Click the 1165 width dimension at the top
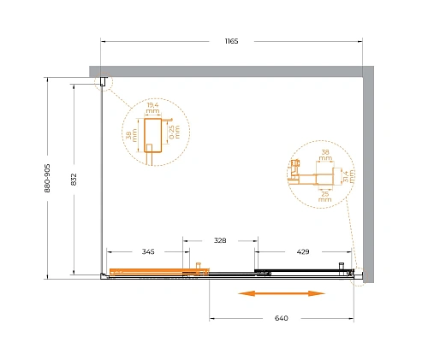pyautogui.click(x=231, y=41)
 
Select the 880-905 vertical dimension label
pyautogui.click(x=47, y=178)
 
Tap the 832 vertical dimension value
pyautogui.click(x=74, y=180)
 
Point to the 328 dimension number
pyautogui.click(x=220, y=240)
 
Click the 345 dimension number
pyautogui.click(x=148, y=251)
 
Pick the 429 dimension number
pyautogui.click(x=303, y=251)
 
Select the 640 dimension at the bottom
pyautogui.click(x=282, y=318)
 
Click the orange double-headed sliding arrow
pyautogui.click(x=282, y=293)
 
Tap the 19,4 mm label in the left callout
pyautogui.click(x=152, y=108)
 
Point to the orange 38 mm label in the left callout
pyautogui.click(x=132, y=135)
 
